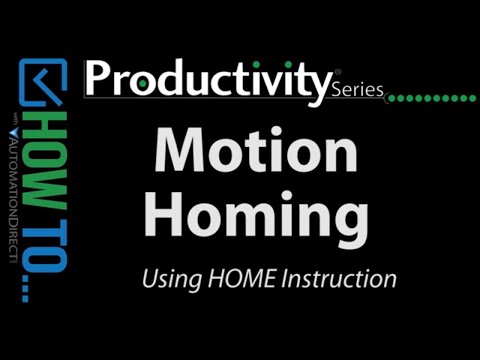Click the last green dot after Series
point(470,98)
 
